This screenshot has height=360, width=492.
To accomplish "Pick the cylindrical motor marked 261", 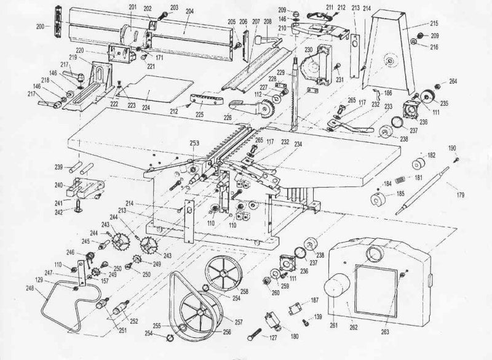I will pyautogui.click(x=335, y=289).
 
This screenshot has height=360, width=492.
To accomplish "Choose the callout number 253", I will pyautogui.click(x=194, y=143).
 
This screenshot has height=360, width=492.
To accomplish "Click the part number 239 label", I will pyautogui.click(x=58, y=167).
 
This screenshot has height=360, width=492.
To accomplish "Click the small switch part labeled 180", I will pyautogui.click(x=270, y=321).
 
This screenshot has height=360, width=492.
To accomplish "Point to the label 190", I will pyautogui.click(x=452, y=149).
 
